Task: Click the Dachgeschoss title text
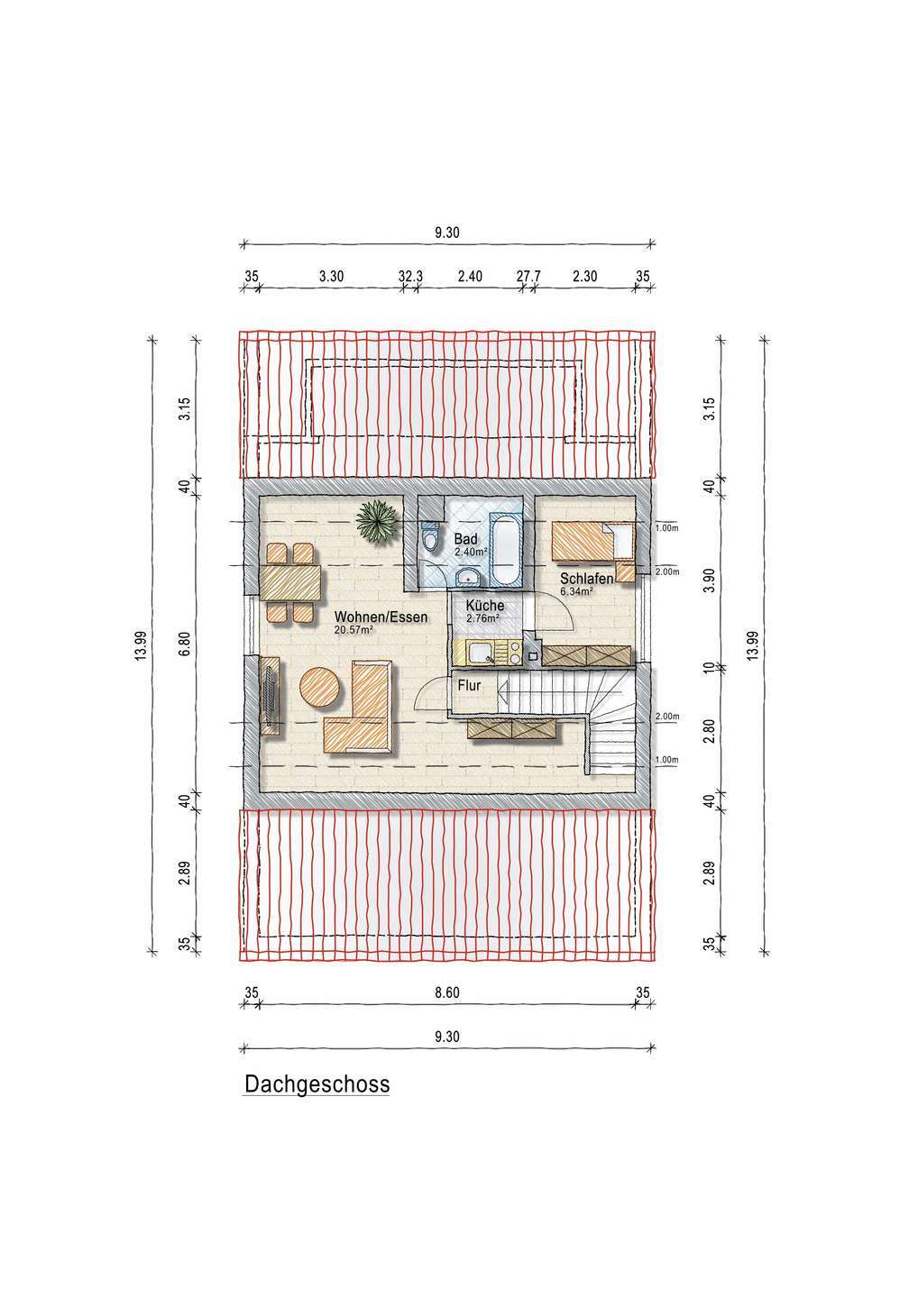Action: tap(317, 1083)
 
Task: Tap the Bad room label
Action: tap(465, 539)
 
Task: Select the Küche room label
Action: tap(485, 605)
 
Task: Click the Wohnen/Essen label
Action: tap(381, 617)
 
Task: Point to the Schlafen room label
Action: tap(586, 579)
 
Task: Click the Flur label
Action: tap(470, 685)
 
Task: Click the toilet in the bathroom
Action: tap(430, 536)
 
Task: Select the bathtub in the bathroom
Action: tap(507, 548)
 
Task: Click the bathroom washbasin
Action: tap(468, 577)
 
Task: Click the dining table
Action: tap(290, 583)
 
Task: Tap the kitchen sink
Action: tap(481, 654)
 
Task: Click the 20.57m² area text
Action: tap(353, 630)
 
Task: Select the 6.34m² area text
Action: tap(576, 591)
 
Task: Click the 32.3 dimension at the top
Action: tap(410, 277)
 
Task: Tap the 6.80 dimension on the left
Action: tap(184, 644)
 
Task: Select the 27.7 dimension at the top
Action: tap(528, 277)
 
